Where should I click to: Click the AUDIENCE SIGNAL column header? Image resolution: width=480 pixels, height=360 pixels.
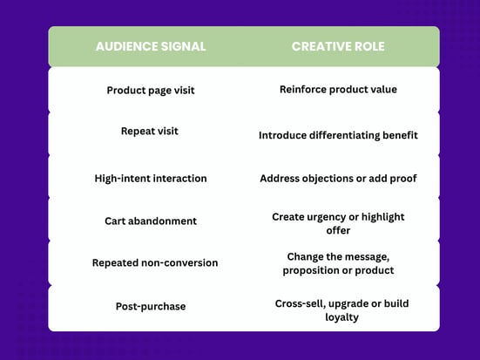tap(151, 46)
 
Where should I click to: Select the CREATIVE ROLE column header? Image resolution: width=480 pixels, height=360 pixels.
tap(338, 46)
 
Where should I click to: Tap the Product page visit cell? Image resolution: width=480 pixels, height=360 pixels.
tap(151, 91)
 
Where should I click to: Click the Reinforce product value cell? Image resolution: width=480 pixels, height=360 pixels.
tap(338, 90)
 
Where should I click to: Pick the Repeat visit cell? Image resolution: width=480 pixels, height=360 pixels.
tap(150, 131)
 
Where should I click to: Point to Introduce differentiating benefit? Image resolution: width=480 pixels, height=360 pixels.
tap(338, 135)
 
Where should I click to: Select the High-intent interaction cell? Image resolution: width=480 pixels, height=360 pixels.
tap(151, 179)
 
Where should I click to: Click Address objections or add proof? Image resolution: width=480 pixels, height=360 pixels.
tap(338, 179)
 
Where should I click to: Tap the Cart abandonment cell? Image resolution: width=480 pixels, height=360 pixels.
tap(151, 221)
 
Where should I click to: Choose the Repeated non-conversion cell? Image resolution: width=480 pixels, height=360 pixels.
tap(155, 263)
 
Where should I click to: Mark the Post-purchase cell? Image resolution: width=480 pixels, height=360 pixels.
tap(151, 306)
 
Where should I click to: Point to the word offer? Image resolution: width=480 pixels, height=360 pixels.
tap(338, 230)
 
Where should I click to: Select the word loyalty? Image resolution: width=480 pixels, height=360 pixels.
tap(341, 317)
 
